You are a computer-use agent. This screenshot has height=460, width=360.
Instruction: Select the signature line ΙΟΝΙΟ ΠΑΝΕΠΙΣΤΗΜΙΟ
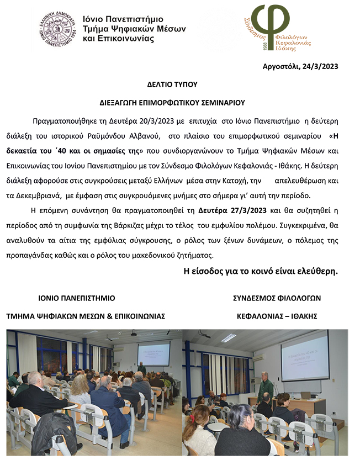pyautogui.click(x=77, y=298)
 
